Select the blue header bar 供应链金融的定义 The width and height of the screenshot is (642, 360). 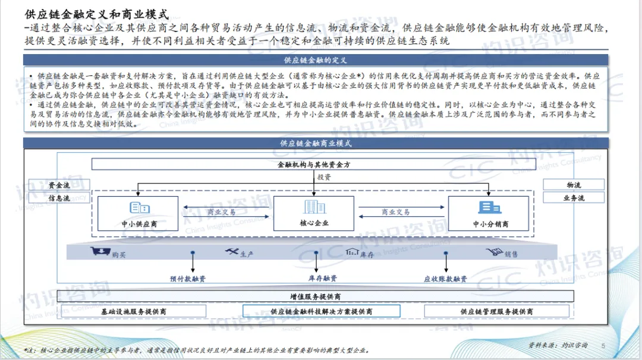pos(315,60)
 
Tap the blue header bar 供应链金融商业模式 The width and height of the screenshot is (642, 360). pos(315,143)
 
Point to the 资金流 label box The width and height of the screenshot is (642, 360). pos(59,185)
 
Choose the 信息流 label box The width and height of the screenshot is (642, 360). pos(59,198)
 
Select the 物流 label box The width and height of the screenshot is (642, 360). pos(574,185)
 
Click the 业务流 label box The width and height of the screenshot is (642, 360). pos(574,198)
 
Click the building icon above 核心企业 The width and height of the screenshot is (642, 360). pos(311,207)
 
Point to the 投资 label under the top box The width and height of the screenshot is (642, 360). pos(324,177)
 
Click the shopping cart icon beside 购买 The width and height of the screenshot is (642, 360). pos(100,252)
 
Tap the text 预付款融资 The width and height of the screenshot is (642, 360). pos(188,279)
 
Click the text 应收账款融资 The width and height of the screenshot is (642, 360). pos(445,279)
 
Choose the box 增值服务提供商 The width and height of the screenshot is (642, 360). pos(315,296)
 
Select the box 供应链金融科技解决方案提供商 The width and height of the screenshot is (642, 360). pos(321,311)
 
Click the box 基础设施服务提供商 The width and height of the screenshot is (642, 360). pos(133,311)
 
